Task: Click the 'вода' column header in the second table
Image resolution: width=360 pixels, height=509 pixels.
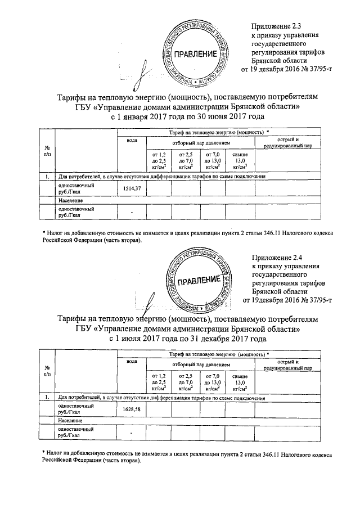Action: click(132, 361)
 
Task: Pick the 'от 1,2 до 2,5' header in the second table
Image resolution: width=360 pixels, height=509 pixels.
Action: click(156, 381)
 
